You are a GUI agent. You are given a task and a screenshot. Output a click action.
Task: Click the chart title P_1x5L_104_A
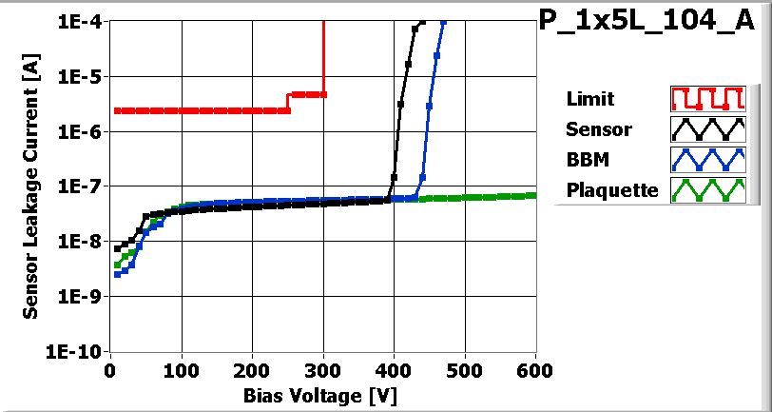tap(652, 23)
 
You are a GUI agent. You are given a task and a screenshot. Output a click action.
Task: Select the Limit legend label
tap(589, 99)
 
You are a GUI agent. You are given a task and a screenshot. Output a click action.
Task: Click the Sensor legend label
tap(598, 129)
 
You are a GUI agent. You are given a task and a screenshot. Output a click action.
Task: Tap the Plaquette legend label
tap(611, 189)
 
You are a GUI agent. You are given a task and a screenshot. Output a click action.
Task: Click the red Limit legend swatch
tap(705, 99)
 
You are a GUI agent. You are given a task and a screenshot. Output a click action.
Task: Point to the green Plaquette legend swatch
tap(705, 189)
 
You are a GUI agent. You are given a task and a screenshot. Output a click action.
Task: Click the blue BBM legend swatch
tap(705, 159)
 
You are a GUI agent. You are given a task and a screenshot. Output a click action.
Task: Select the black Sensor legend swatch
tap(705, 129)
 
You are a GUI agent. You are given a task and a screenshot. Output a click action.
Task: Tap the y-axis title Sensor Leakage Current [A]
tap(30, 186)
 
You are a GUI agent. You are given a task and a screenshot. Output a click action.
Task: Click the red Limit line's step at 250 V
tap(288, 103)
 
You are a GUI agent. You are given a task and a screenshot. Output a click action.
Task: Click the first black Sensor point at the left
tap(117, 249)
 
